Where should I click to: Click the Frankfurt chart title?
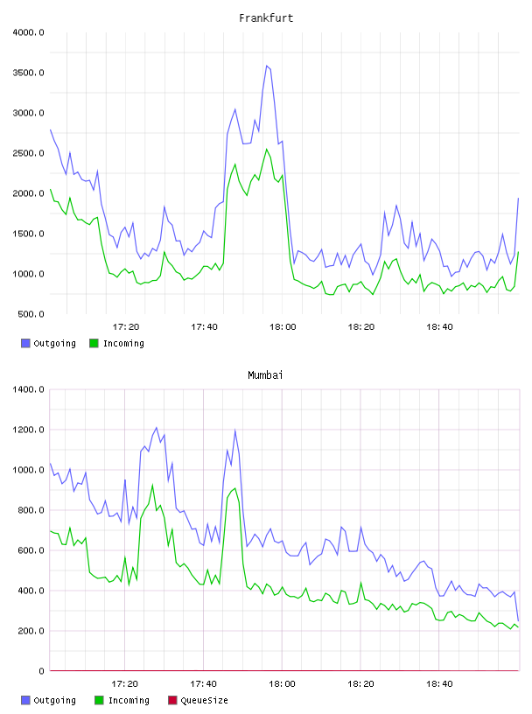pyautogui.click(x=266, y=18)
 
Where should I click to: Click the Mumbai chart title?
pyautogui.click(x=265, y=375)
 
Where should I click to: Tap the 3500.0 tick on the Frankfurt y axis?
pyautogui.click(x=28, y=73)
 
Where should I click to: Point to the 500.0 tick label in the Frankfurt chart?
pyautogui.click(x=31, y=314)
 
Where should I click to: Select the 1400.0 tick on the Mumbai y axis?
pyautogui.click(x=28, y=389)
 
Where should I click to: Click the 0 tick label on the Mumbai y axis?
pyautogui.click(x=41, y=671)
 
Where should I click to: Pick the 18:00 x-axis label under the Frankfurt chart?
pyautogui.click(x=283, y=327)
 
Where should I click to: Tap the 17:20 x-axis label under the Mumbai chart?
pyautogui.click(x=125, y=684)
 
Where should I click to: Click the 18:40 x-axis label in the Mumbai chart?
pyautogui.click(x=439, y=684)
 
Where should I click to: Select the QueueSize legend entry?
pyautogui.click(x=198, y=700)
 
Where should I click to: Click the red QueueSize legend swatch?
pyautogui.click(x=172, y=700)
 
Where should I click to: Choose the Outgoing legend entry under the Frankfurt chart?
pyautogui.click(x=49, y=343)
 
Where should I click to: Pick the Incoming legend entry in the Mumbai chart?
pyautogui.click(x=122, y=700)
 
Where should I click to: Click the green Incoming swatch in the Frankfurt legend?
pyautogui.click(x=94, y=343)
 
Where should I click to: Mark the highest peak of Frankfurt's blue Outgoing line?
pyautogui.click(x=267, y=66)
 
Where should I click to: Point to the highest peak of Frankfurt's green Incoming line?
pyautogui.click(x=267, y=149)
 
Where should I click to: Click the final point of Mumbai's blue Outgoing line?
pyautogui.click(x=518, y=621)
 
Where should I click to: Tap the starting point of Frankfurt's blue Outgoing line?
pyautogui.click(x=50, y=129)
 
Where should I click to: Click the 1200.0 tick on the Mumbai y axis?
pyautogui.click(x=28, y=430)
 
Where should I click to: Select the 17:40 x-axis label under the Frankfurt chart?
pyautogui.click(x=205, y=327)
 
